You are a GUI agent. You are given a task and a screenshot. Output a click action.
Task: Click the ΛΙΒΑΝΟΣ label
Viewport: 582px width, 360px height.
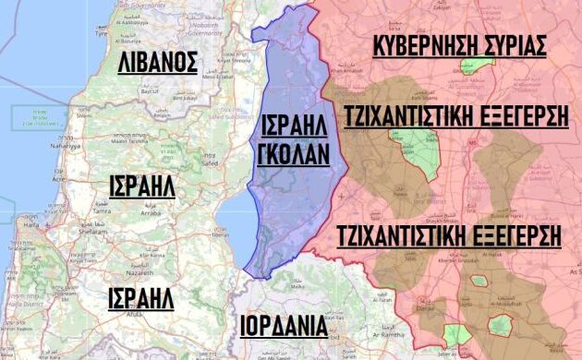158,63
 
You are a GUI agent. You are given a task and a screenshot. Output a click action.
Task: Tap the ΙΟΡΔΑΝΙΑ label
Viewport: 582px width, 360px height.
284,326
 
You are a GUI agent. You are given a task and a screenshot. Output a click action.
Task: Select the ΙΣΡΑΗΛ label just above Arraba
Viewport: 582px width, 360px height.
142,186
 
